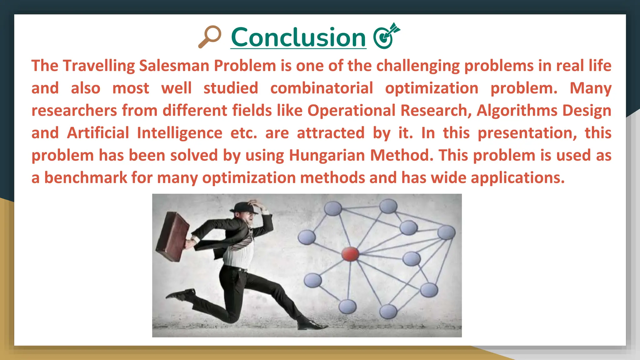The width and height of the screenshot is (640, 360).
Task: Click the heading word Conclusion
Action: [x=298, y=37]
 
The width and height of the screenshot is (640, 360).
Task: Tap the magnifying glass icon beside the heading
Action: [x=210, y=37]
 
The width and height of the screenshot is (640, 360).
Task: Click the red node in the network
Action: [x=350, y=254]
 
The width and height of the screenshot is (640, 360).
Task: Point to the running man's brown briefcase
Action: [x=172, y=237]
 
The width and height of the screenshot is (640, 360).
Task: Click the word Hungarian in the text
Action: [x=327, y=155]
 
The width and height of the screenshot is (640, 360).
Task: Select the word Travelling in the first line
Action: [x=98, y=66]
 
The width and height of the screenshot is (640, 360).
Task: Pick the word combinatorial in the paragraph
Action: [x=322, y=88]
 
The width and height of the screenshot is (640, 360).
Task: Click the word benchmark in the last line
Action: [x=85, y=178]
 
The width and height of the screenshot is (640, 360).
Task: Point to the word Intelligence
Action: [x=179, y=133]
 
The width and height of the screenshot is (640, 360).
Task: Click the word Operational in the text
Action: [x=351, y=111]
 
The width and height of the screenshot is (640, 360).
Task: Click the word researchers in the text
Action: [x=74, y=111]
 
